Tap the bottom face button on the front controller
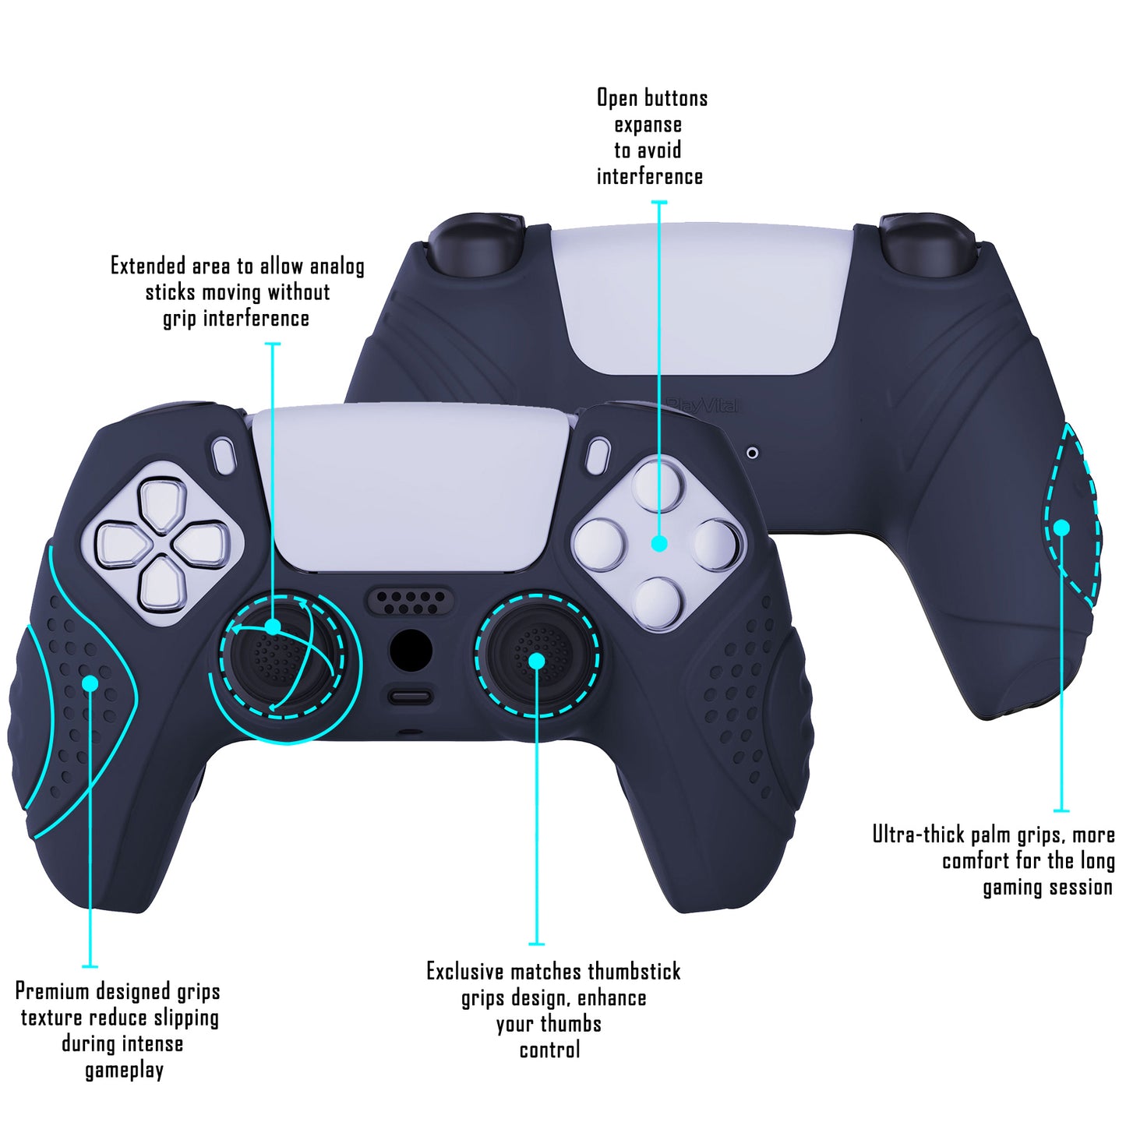[x=657, y=603]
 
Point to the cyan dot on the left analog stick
[x=273, y=627]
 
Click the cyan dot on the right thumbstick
[x=536, y=661]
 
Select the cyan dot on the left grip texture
[x=90, y=683]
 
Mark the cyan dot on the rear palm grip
[x=1062, y=528]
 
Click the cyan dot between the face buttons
[x=659, y=544]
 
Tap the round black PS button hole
[x=411, y=650]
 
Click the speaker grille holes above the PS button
[x=410, y=602]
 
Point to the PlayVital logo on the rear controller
[x=703, y=405]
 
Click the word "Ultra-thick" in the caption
[x=920, y=835]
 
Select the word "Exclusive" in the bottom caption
[x=465, y=972]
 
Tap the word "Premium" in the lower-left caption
[x=52, y=992]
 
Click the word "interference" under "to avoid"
[x=650, y=176]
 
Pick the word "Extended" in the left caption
[x=148, y=266]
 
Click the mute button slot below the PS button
[x=410, y=697]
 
